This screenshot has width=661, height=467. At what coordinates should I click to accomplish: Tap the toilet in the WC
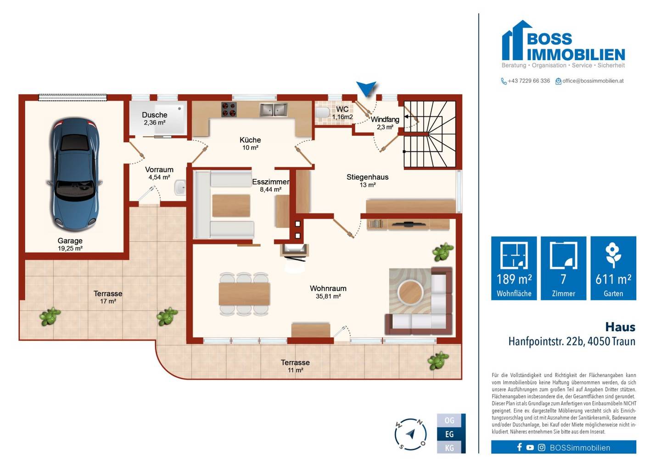point(322,112)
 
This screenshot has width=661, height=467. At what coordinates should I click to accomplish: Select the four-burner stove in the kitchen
point(229,109)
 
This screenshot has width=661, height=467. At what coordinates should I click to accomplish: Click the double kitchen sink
point(274,110)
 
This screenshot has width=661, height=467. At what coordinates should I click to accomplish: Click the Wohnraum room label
point(328,289)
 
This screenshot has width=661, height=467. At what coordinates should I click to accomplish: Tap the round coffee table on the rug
point(410,292)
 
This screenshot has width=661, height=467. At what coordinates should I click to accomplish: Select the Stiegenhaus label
point(367,177)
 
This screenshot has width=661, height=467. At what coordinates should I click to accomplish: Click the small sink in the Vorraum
point(180,188)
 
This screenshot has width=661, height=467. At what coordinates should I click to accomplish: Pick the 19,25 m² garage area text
point(70,248)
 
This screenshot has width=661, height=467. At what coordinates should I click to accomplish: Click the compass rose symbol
point(410,434)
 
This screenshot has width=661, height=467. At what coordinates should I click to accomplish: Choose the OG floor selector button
point(449,420)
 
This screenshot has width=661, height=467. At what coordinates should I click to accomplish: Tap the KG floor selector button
point(449,448)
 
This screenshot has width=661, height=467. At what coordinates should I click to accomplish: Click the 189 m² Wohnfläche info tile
point(514,268)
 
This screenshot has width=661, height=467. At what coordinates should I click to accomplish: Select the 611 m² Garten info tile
point(613,268)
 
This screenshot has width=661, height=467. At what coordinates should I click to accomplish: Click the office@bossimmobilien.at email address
point(593,81)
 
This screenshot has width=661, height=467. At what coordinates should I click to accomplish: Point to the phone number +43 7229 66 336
point(529,81)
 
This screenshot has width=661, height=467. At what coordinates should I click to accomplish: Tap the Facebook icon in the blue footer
point(519,447)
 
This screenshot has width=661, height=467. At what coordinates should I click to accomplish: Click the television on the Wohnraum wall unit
point(408,224)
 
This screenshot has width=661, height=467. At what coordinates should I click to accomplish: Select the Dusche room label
point(155,115)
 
